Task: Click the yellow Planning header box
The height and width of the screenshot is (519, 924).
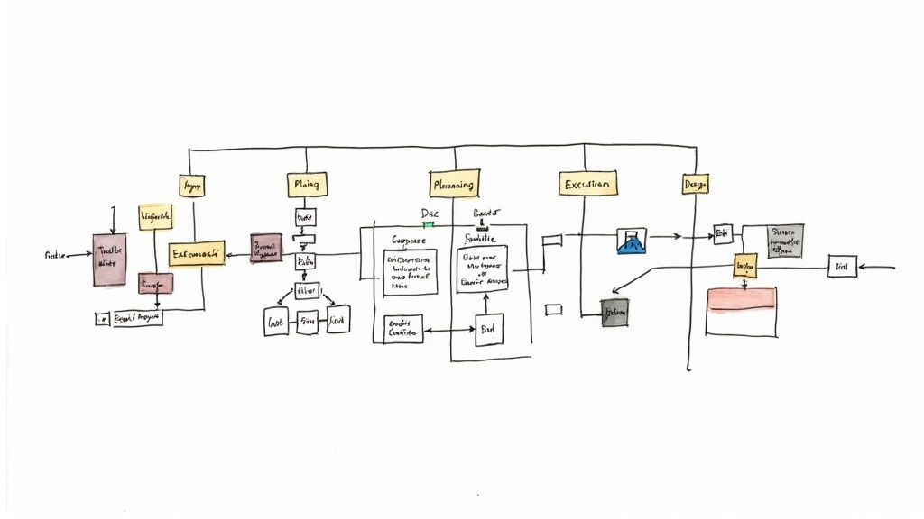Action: [x=453, y=184]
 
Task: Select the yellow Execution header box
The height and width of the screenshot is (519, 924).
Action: [x=587, y=183]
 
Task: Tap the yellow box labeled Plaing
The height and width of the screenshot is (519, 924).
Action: [x=306, y=185]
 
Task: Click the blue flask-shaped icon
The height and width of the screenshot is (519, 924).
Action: [x=632, y=240]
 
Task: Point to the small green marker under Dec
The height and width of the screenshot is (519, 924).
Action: [x=429, y=224]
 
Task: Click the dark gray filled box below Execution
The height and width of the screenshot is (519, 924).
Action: [x=614, y=312]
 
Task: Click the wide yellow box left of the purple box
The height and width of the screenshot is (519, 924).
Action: [x=196, y=254]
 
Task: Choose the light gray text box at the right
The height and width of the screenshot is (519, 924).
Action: [x=785, y=241]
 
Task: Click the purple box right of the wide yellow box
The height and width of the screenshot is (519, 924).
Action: [x=266, y=248]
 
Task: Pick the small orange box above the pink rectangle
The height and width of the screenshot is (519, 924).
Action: [x=744, y=266]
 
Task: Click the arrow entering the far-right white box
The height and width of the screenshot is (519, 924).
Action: [x=875, y=267]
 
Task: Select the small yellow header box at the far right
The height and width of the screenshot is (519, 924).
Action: [x=695, y=184]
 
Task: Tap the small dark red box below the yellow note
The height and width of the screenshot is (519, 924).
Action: [x=155, y=283]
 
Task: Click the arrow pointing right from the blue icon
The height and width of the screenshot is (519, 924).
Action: [x=666, y=238]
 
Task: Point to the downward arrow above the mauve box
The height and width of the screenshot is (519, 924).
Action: [x=113, y=219]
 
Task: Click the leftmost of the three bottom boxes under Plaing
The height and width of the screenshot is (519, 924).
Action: [x=275, y=321]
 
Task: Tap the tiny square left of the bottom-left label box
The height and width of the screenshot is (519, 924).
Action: [x=101, y=319]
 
